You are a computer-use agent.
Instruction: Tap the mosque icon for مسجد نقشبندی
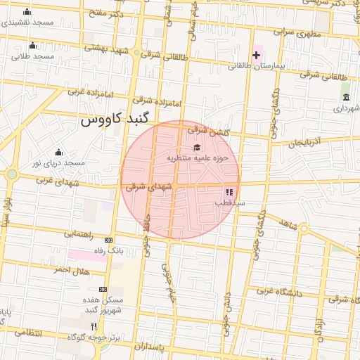27,12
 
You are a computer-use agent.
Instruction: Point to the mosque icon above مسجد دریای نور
58,153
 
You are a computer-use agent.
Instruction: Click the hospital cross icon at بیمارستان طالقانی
256,55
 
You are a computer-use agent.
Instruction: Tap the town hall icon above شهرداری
345,97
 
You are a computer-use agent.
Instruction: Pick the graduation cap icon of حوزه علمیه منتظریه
198,148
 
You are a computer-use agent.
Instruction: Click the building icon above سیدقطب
229,191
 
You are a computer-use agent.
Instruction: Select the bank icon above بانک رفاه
108,240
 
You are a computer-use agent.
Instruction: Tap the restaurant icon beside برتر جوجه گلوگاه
94,326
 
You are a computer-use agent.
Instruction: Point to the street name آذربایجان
304,143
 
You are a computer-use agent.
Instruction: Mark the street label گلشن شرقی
205,130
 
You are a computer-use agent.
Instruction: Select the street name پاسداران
152,347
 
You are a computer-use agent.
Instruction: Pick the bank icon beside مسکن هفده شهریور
103,289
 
